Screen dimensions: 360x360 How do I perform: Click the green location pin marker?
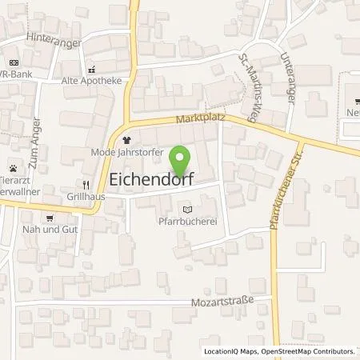tap(182, 159)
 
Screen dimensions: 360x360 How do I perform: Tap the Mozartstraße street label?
tap(222, 302)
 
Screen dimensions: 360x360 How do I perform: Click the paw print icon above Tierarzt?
tap(14, 169)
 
